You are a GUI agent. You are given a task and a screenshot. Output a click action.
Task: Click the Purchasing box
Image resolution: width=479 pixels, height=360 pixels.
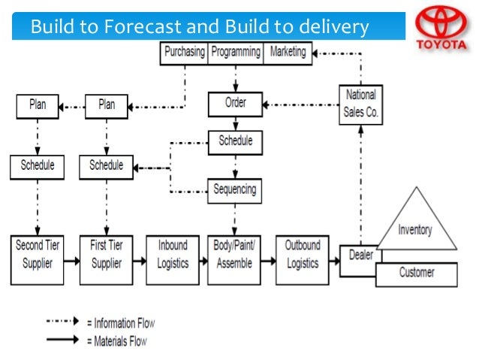point(184,53)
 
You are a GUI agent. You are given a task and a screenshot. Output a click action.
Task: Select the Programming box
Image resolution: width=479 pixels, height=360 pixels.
point(235,53)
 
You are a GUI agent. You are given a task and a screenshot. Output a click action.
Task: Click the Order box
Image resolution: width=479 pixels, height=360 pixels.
point(235,104)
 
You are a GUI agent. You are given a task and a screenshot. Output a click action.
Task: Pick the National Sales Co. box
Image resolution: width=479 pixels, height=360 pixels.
point(360,104)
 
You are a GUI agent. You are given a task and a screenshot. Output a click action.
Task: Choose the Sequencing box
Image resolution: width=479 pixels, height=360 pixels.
point(236,189)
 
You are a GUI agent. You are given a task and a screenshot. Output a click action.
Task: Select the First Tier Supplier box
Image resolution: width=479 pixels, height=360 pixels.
point(107,254)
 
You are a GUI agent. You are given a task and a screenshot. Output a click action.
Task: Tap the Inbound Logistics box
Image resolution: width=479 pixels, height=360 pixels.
point(173,254)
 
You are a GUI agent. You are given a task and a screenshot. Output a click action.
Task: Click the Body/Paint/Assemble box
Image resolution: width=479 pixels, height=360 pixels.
point(234,254)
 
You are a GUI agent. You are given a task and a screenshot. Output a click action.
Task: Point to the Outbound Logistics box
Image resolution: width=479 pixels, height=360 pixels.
point(302,254)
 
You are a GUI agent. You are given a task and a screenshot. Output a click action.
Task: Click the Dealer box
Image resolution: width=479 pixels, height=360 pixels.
point(360,256)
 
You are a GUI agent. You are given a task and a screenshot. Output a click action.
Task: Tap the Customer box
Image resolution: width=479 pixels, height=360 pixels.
point(416,272)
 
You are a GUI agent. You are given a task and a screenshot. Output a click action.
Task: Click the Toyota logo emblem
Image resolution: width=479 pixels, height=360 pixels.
point(441,24)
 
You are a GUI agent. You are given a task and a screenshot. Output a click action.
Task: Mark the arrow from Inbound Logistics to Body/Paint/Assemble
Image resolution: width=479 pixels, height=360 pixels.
point(201,262)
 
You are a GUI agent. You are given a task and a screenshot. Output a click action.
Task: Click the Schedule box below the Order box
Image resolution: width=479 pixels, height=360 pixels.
point(235,141)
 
